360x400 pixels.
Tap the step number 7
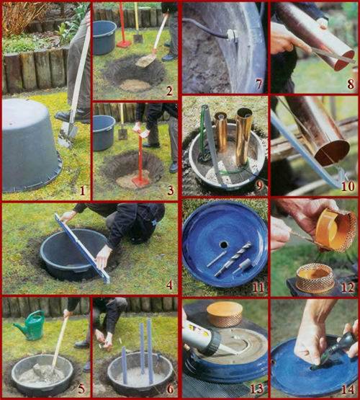(259, 84)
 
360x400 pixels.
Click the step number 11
(258, 288)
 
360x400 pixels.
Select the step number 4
(169, 285)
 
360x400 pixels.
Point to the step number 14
(348, 390)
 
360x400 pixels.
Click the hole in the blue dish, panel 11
(223, 245)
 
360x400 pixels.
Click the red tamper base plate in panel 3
(140, 181)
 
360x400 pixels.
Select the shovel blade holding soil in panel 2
(145, 61)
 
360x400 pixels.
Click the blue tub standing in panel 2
(104, 37)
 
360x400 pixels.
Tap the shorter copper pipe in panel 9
(220, 131)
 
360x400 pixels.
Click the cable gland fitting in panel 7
(232, 35)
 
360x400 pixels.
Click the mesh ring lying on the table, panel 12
(315, 278)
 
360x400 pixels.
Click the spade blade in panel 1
(67, 135)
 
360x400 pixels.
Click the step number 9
(259, 186)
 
